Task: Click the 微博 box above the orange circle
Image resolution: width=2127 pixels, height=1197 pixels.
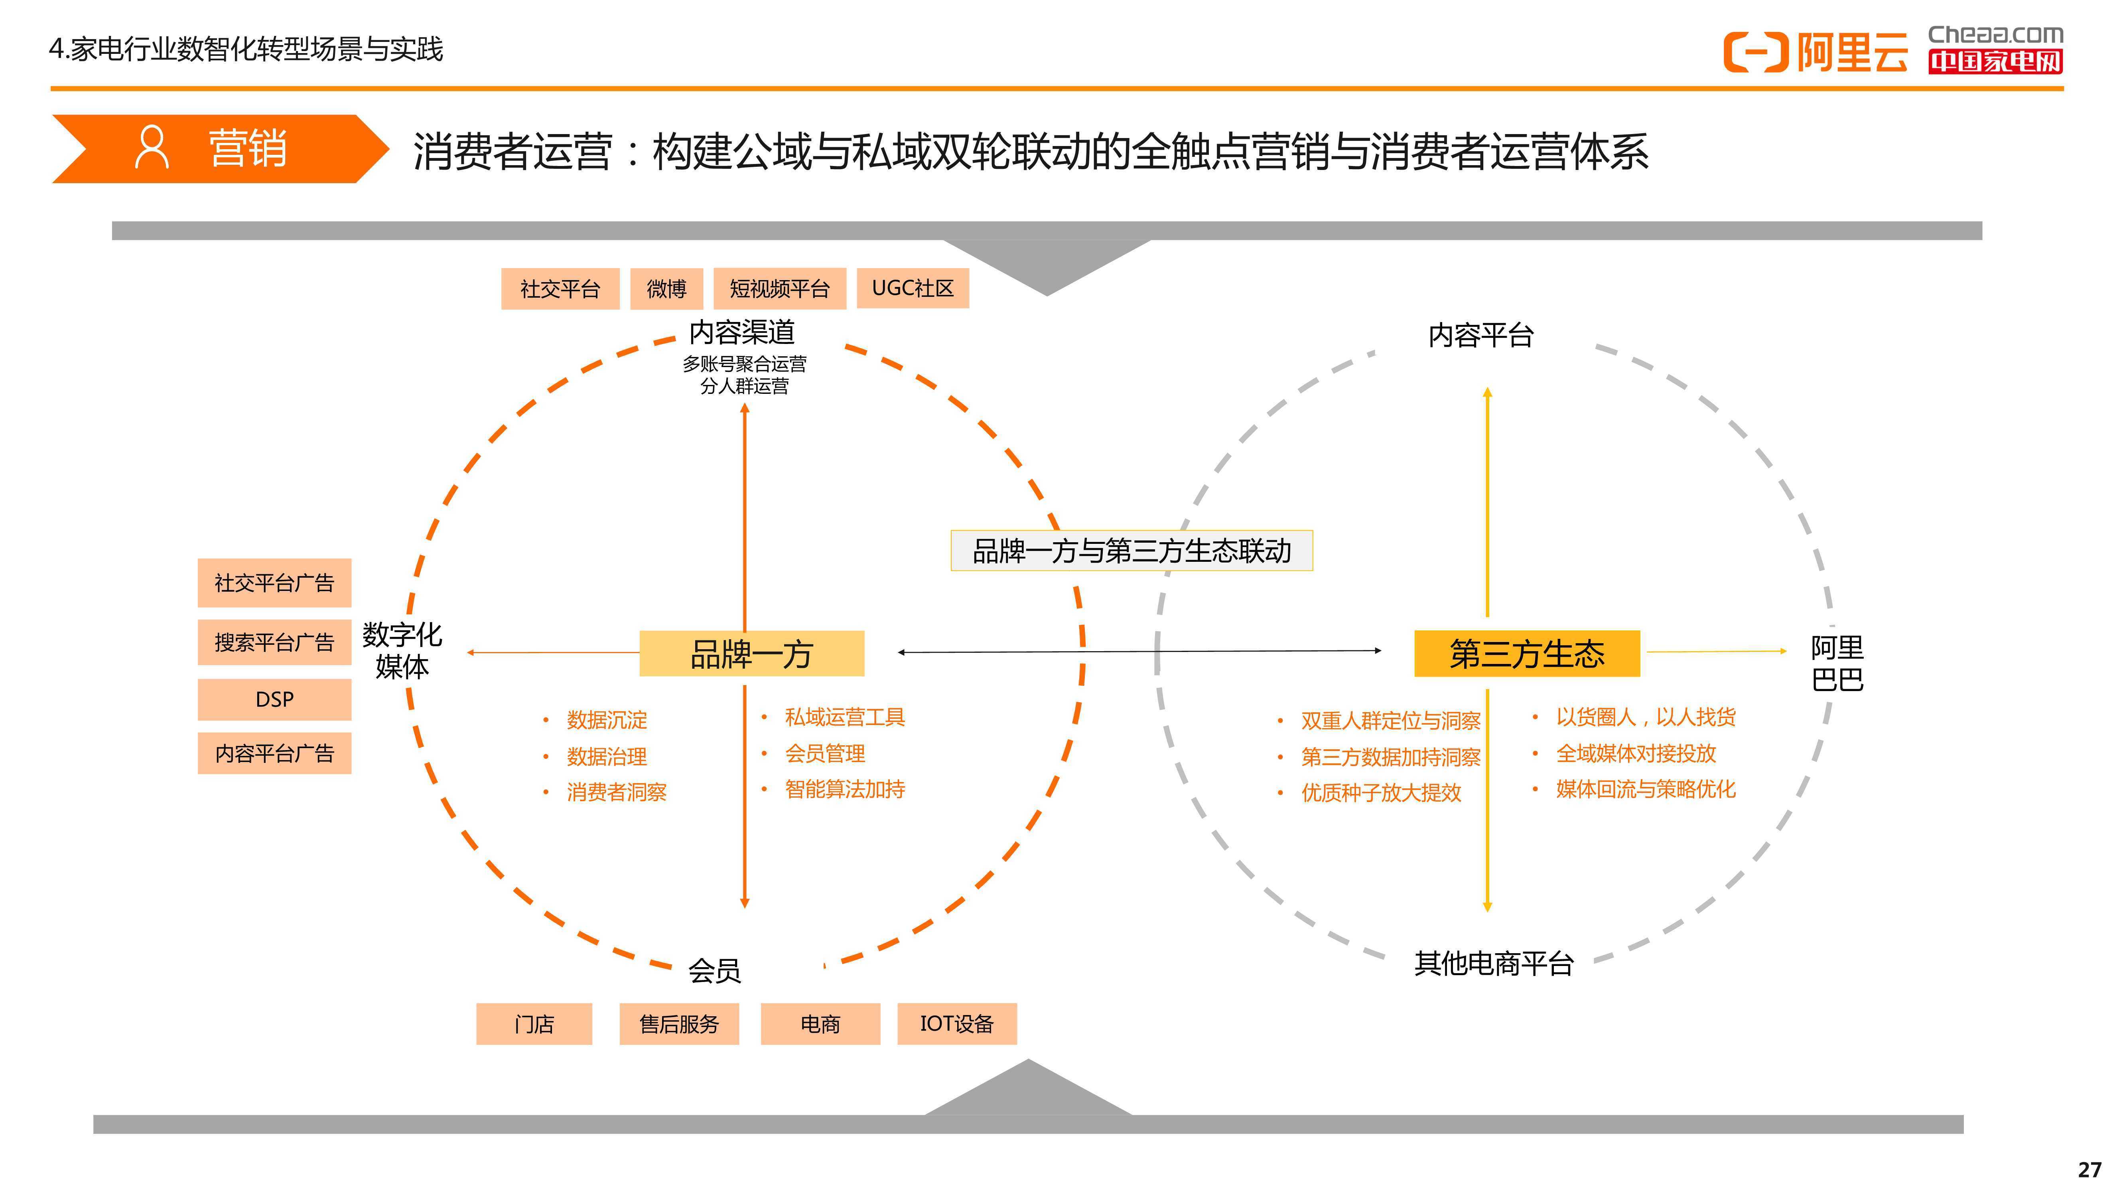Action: (666, 288)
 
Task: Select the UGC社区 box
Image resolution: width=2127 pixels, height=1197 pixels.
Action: (913, 288)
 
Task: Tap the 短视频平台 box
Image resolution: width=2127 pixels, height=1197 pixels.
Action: (779, 288)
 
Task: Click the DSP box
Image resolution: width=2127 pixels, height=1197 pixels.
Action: (274, 699)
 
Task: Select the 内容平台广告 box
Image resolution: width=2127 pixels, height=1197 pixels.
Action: (274, 753)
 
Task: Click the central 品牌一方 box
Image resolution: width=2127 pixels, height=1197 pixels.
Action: (751, 654)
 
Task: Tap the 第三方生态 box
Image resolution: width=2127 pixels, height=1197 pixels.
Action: (1527, 654)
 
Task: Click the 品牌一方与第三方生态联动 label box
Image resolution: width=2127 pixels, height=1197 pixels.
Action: (1131, 550)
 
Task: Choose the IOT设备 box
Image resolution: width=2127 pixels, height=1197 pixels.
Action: (957, 1023)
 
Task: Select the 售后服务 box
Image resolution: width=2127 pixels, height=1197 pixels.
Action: (679, 1023)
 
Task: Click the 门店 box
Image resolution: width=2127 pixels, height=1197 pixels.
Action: (534, 1023)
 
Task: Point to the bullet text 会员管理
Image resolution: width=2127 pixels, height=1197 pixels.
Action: (825, 753)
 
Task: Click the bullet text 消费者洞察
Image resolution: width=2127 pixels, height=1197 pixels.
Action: (617, 792)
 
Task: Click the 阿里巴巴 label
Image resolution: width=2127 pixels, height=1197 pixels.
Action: (1837, 664)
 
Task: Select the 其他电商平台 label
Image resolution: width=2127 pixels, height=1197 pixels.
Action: (1494, 963)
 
